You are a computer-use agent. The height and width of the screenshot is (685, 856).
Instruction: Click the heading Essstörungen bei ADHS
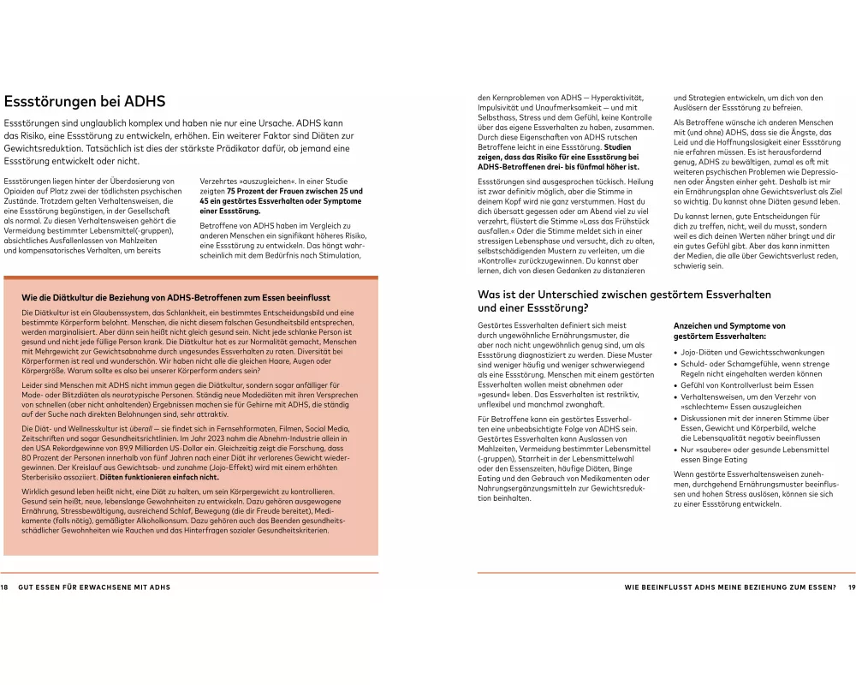click(85, 102)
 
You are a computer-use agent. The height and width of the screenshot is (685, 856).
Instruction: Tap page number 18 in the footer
click(4, 587)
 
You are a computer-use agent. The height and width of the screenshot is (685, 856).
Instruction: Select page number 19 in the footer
click(851, 587)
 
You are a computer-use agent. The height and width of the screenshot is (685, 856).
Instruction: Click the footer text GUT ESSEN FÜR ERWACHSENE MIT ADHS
click(94, 587)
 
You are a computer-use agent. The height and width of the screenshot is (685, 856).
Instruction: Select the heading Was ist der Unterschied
click(624, 295)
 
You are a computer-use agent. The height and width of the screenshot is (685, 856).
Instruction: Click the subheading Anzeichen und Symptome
click(729, 326)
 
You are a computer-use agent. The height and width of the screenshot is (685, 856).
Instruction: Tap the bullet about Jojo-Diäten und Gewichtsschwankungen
click(740, 352)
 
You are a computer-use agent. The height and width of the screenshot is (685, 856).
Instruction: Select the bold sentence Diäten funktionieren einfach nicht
click(159, 478)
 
